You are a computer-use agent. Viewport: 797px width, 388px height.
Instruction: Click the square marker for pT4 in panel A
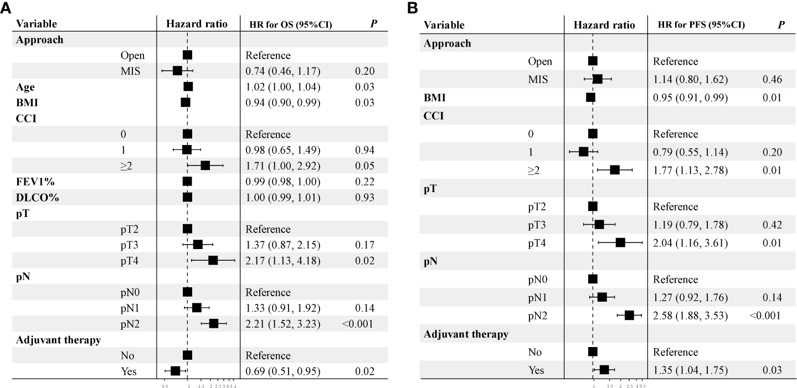tap(213, 261)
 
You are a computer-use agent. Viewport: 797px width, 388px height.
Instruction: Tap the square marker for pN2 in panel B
tap(629, 315)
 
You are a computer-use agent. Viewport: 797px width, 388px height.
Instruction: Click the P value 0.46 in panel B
tap(772, 80)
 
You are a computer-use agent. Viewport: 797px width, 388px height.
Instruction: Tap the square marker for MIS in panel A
tap(177, 71)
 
